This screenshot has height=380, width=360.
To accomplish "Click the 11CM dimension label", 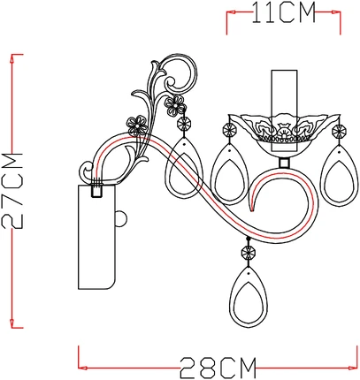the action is [x=283, y=12].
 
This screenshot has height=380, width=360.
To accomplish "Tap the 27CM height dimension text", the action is [x=12, y=191].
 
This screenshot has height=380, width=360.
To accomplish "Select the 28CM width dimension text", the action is [x=218, y=368].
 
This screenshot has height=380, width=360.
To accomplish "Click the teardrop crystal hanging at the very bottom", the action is [x=249, y=297].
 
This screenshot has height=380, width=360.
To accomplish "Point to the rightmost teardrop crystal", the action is [x=340, y=175].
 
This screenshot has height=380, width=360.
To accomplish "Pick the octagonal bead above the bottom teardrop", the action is [x=249, y=253].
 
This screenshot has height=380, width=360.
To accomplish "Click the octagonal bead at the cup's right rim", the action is [x=339, y=130].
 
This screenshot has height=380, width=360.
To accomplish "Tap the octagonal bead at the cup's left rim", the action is [x=230, y=130].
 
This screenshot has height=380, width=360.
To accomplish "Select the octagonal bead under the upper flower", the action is [x=184, y=124].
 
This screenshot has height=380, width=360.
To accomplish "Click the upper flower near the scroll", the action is [x=175, y=105].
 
